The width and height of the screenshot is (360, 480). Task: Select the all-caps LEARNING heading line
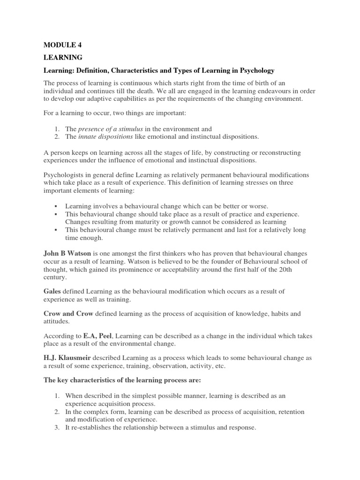click(63, 57)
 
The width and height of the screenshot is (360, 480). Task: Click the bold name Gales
click(52, 291)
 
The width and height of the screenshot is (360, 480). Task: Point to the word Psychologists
click(65, 175)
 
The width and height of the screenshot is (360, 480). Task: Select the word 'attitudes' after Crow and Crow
click(57, 321)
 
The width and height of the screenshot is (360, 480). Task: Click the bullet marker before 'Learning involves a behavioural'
click(55, 206)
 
